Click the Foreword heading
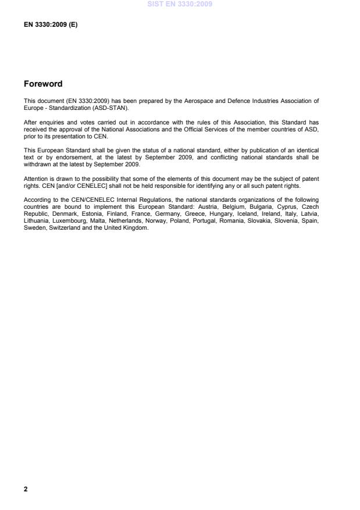[x=43, y=84]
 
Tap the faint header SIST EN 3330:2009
[x=180, y=4]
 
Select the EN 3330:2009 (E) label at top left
[x=51, y=25]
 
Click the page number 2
[x=26, y=489]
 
